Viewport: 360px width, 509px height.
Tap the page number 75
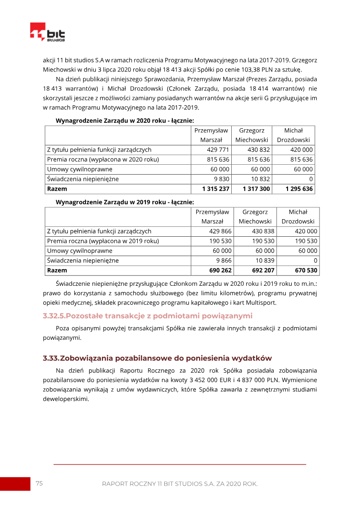tap(39, 483)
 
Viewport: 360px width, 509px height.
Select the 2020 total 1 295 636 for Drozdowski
tap(299, 189)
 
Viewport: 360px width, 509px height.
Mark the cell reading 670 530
tap(305, 270)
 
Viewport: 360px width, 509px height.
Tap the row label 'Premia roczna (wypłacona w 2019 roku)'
tap(103, 241)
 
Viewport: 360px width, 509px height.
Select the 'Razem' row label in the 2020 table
tap(57, 189)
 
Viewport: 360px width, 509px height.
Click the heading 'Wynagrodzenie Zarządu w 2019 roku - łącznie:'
tap(125, 202)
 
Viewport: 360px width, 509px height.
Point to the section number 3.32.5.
tap(54, 315)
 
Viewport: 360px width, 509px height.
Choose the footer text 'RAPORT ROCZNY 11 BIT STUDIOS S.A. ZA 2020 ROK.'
tap(180, 484)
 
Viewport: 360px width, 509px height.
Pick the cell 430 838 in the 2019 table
tap(261, 231)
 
